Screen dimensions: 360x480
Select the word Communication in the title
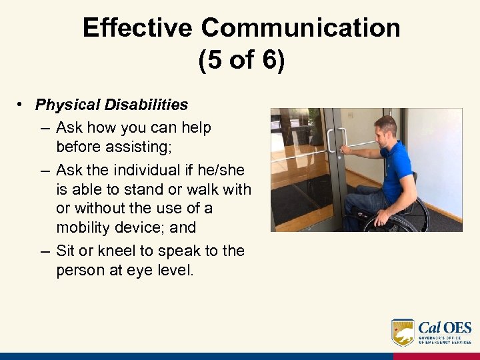[x=301, y=28]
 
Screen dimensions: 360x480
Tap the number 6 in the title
[x=270, y=61]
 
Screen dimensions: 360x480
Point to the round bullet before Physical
[x=22, y=105]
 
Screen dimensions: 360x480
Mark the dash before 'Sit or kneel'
[x=44, y=251]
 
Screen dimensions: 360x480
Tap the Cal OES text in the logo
[x=445, y=328]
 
